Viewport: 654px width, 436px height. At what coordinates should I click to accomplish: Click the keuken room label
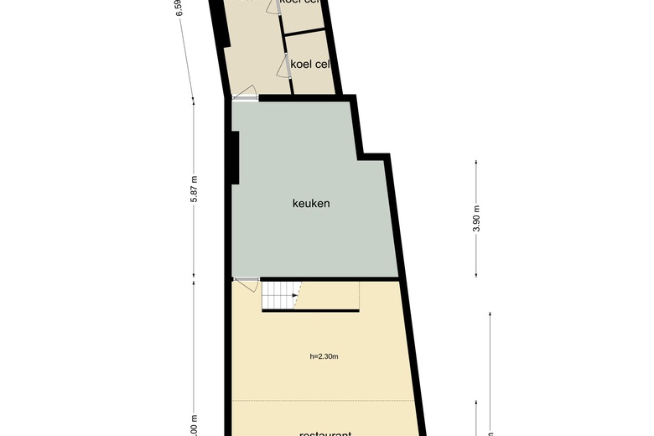tap(311, 203)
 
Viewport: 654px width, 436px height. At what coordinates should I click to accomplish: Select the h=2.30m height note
tap(324, 356)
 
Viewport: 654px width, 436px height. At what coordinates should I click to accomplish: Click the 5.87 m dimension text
tap(194, 186)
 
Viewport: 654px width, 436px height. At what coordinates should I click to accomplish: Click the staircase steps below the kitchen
tap(280, 294)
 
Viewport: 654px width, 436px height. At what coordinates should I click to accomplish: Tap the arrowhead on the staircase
tap(293, 294)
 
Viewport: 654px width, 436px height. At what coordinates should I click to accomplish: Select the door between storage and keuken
tap(246, 98)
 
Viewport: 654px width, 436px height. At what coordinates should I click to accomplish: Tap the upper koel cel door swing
tap(272, 6)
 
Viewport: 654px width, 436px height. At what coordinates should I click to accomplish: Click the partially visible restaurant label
tap(326, 433)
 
